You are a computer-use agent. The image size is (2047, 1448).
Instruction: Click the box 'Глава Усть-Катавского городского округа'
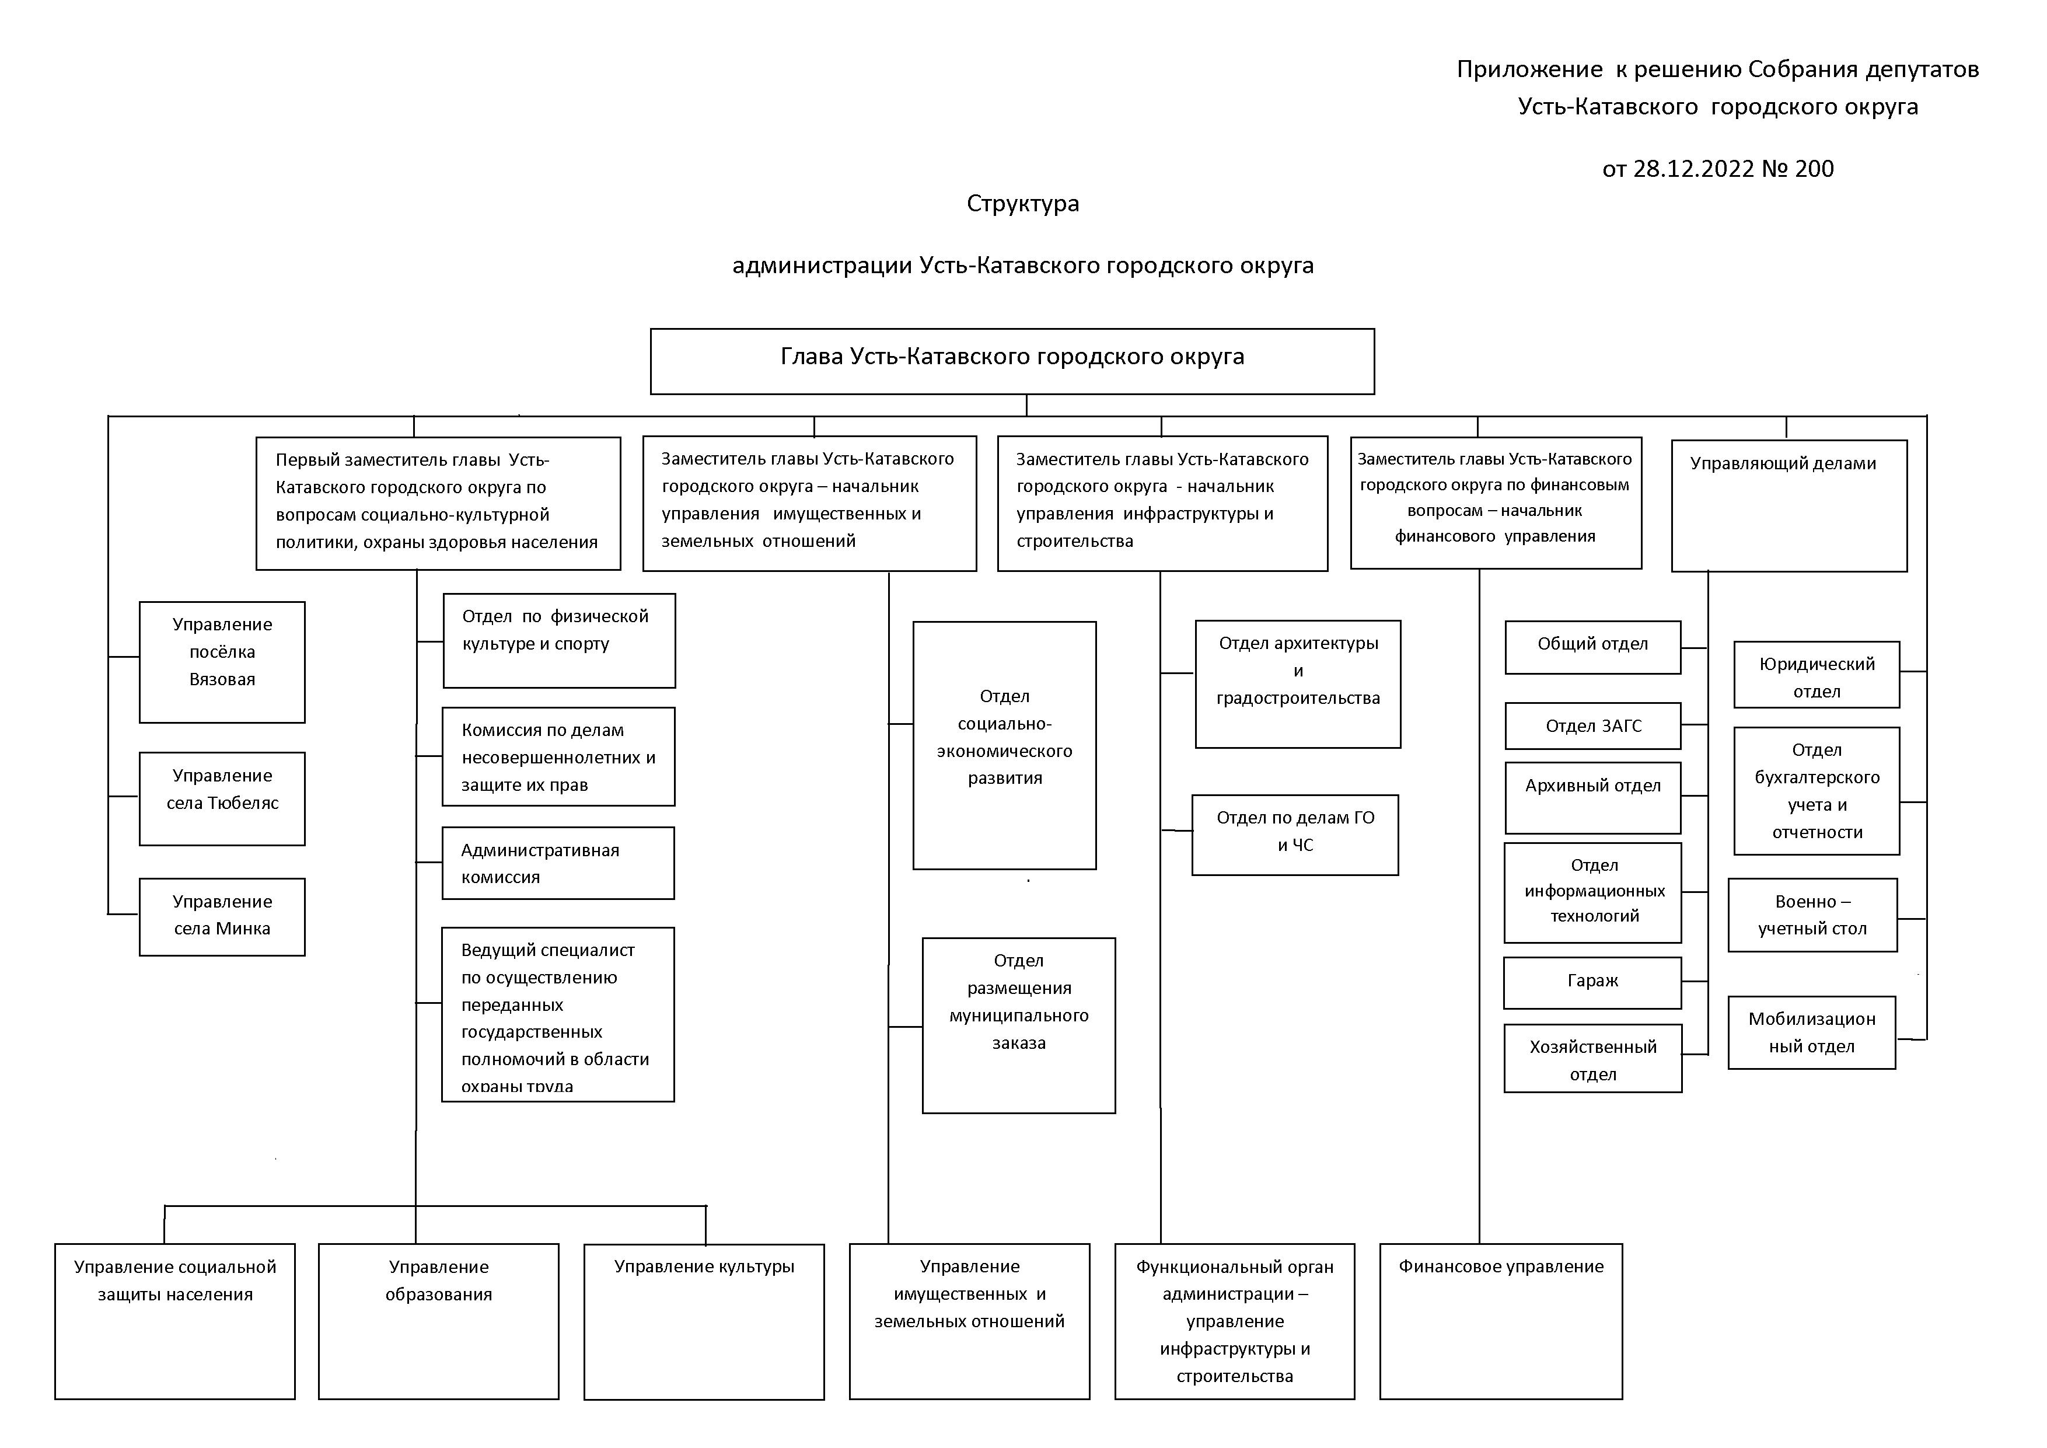click(1012, 361)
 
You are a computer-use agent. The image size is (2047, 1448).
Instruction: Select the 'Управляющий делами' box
click(1788, 505)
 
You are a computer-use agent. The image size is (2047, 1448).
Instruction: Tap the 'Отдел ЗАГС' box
click(1592, 726)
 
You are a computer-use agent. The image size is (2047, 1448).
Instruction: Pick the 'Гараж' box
click(1592, 983)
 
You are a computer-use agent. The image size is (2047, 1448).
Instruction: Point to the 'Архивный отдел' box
click(1592, 797)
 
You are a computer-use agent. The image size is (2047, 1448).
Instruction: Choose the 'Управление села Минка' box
click(222, 916)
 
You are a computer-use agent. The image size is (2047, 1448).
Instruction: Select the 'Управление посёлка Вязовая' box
click(222, 662)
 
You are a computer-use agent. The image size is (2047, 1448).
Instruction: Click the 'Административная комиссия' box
click(558, 863)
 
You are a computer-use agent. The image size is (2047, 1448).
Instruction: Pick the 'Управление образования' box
click(439, 1321)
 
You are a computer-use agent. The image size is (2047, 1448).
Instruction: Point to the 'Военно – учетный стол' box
click(1812, 915)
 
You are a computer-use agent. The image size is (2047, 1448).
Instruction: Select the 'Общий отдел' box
click(1592, 647)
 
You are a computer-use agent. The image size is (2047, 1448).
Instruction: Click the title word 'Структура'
click(1022, 203)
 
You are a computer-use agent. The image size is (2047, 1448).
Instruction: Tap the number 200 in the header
click(1814, 169)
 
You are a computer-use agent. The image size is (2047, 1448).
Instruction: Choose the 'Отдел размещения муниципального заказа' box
click(1018, 1025)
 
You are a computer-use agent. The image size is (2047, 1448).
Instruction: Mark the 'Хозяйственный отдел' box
click(1592, 1058)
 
